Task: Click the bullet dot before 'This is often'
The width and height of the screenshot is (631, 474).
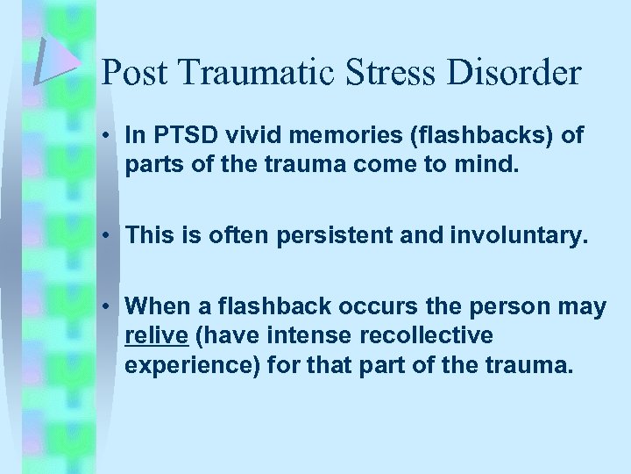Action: (x=110, y=235)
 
